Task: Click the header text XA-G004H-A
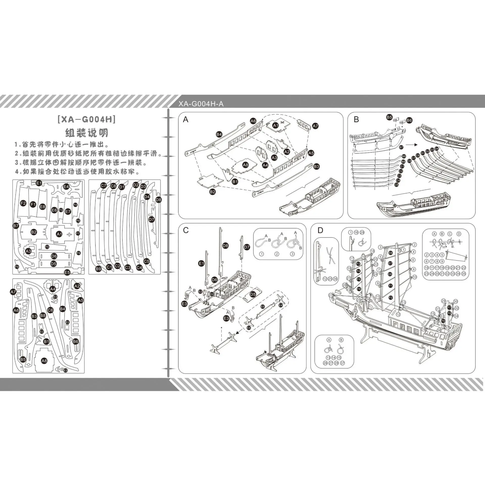click(201, 104)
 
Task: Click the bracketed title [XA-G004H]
click(87, 119)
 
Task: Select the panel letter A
click(186, 120)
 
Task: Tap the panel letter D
click(320, 230)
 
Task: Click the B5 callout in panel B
click(389, 117)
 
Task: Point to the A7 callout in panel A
click(315, 126)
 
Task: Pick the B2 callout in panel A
click(212, 192)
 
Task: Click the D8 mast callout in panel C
click(226, 245)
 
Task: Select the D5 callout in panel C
click(253, 294)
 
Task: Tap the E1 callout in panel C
click(201, 264)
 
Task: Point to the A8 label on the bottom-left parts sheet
click(44, 361)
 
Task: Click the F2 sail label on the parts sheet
click(23, 203)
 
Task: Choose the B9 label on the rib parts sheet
click(98, 269)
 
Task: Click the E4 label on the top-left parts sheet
click(66, 186)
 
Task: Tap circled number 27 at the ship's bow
click(331, 295)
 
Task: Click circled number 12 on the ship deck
click(398, 314)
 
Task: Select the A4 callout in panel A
click(265, 165)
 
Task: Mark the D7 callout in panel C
click(247, 247)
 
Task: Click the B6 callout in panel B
click(409, 120)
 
